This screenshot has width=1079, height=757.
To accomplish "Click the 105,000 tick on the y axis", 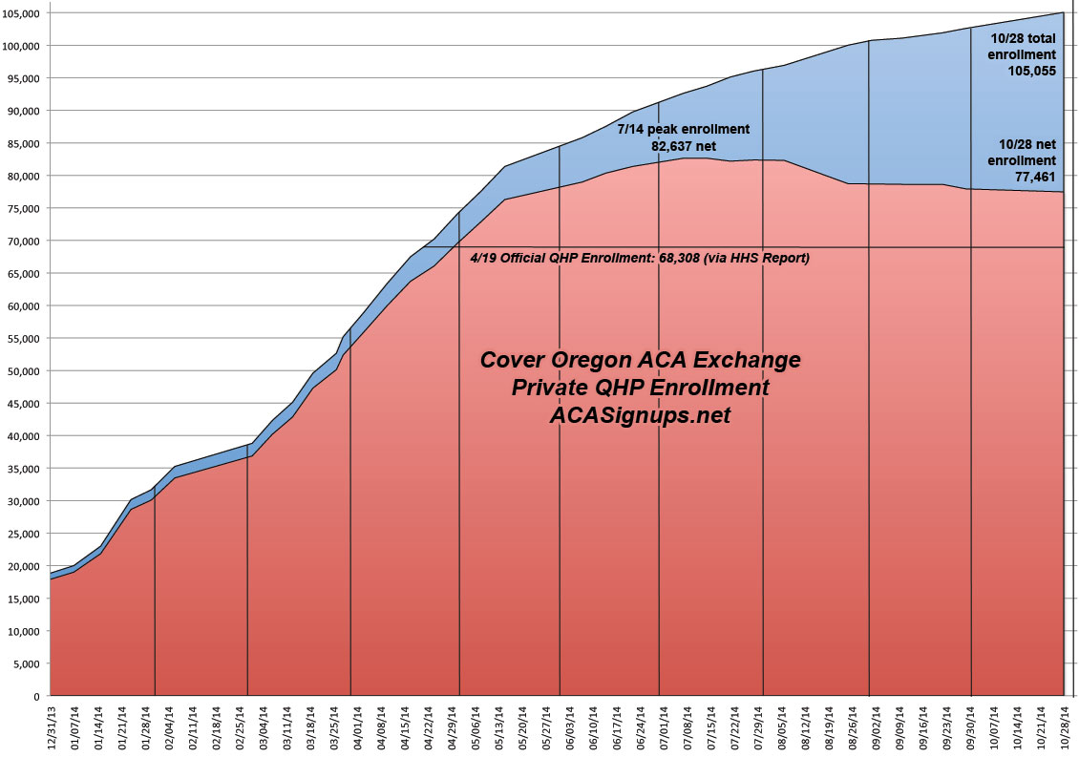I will [21, 13].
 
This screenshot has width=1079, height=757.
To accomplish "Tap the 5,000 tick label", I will [27, 663].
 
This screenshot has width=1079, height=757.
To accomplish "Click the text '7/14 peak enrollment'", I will [683, 129].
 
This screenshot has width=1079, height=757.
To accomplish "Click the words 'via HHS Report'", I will [760, 258].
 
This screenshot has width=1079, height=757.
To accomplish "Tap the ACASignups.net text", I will [640, 415].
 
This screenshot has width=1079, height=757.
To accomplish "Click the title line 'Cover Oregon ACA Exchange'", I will [640, 361].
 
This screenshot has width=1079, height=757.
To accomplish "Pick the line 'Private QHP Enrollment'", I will [640, 388].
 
